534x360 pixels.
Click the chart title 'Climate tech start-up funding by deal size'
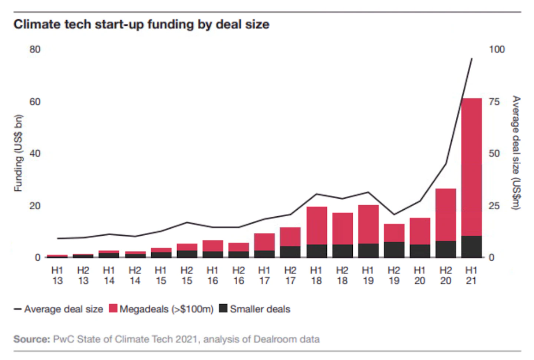(141, 24)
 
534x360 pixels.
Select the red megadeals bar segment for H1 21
(471, 167)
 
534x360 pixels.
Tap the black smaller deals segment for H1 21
(471, 247)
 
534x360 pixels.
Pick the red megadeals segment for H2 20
(446, 215)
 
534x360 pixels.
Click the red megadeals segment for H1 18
(317, 226)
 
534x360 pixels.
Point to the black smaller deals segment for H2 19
(394, 250)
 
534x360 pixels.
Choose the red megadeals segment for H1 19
(368, 224)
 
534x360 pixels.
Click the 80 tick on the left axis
(35, 49)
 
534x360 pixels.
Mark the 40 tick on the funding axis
(35, 153)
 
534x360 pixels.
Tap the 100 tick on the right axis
(497, 49)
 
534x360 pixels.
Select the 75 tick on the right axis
(494, 102)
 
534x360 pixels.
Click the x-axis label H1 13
(57, 276)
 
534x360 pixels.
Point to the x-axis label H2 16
(239, 276)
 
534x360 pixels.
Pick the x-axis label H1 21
(471, 276)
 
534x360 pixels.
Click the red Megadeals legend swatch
(113, 308)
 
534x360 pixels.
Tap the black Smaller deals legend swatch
(223, 308)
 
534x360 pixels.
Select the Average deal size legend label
(64, 309)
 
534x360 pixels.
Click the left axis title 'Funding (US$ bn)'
(18, 153)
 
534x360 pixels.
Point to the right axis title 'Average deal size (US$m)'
(516, 153)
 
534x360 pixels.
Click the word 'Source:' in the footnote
(32, 339)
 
